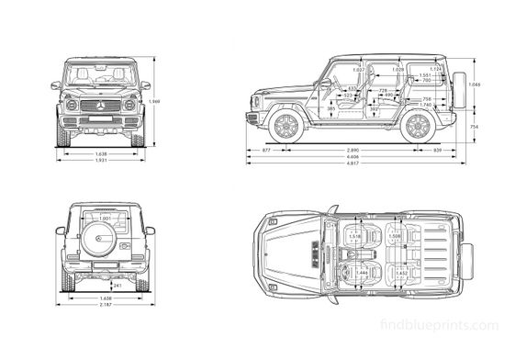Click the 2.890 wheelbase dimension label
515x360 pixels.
[353, 149]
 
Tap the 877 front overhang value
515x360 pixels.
[266, 149]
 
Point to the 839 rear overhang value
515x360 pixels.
[438, 149]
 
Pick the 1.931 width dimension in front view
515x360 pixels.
[101, 162]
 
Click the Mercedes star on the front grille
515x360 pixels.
[101, 107]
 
